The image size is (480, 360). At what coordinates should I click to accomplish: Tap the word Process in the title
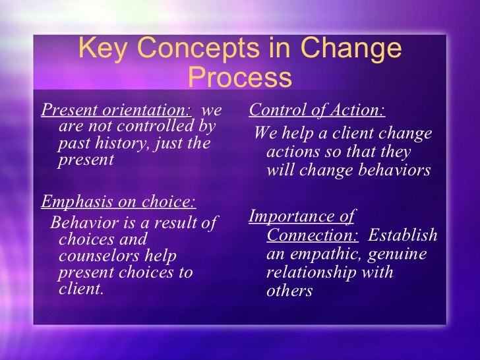tap(239, 78)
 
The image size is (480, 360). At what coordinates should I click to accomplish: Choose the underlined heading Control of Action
tap(317, 109)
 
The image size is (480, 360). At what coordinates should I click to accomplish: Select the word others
tap(289, 290)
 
